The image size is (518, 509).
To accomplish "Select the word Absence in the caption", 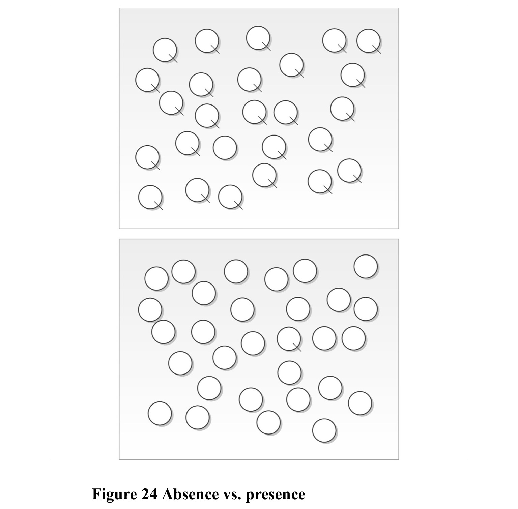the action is (190, 495).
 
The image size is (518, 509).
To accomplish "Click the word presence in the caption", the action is (275, 495).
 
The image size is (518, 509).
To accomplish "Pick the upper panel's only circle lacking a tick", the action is (225, 148).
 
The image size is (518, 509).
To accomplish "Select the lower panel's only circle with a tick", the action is (289, 339).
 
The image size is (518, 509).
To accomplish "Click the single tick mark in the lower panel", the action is (297, 347).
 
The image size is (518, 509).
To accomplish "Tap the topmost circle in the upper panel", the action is (258, 38).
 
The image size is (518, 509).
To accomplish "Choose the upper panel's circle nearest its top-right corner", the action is (368, 41).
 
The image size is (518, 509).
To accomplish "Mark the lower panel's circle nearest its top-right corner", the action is (366, 266).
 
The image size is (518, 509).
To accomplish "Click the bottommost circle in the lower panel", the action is (324, 430).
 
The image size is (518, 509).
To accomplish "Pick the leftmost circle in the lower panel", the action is (150, 310).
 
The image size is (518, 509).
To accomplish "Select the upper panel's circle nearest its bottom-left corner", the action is (150, 197).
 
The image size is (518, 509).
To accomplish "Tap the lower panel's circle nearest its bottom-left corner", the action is (160, 413).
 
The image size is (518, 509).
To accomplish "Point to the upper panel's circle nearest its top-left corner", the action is (165, 50).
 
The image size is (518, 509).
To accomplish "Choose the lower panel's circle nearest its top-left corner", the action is (156, 278).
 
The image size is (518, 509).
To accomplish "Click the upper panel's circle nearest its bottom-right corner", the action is (349, 171).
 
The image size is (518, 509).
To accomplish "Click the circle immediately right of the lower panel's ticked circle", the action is (324, 338).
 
